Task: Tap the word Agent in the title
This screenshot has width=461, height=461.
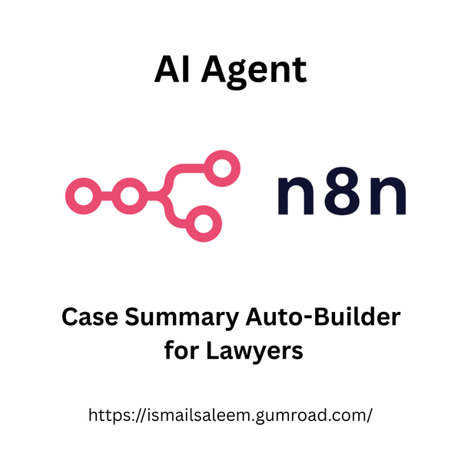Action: pos(254,72)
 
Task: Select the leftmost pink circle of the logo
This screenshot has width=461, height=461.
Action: pos(84,196)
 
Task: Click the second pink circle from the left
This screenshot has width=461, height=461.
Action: pos(130,196)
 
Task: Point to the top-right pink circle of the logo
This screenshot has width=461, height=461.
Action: pos(222,168)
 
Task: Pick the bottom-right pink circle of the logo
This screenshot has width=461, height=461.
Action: pos(204,224)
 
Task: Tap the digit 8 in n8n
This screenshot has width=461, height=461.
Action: pos(342,191)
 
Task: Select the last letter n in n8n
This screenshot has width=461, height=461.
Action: pos(388,195)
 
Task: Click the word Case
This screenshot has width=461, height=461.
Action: pos(90,317)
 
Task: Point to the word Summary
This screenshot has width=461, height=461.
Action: pos(181,319)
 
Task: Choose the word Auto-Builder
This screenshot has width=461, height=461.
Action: pos(323,317)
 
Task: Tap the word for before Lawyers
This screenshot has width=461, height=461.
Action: pos(181,350)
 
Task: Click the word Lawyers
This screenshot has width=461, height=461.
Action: pos(254,352)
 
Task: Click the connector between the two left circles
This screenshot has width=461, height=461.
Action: pos(107,196)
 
